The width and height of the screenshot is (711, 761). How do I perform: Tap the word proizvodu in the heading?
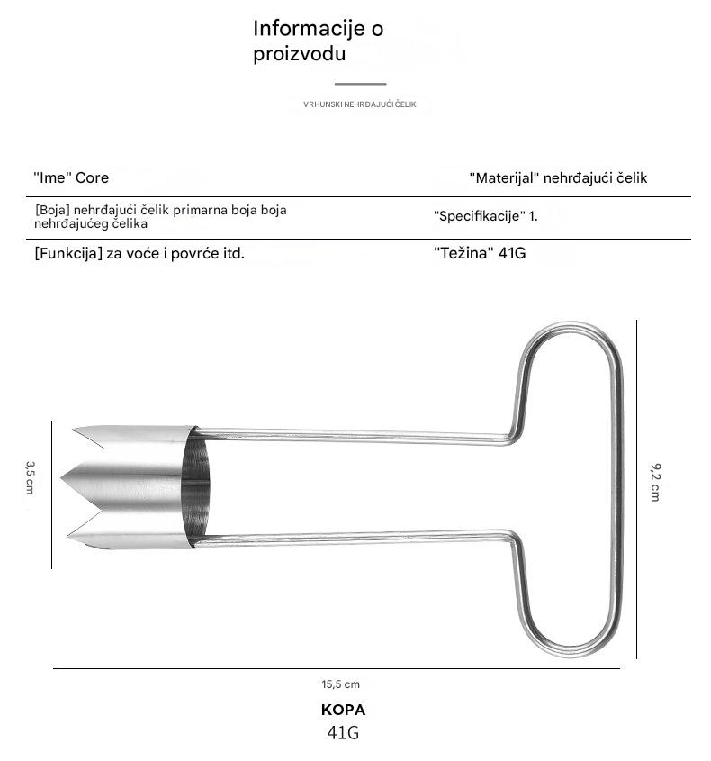300,54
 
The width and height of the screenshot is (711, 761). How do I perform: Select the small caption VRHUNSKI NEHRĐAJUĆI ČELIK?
360,104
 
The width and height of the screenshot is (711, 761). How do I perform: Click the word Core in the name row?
92,177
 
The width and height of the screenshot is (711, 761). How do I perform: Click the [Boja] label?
52,210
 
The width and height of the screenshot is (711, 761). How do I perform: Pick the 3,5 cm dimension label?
30,476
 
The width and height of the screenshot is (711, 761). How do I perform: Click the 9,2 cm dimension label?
655,481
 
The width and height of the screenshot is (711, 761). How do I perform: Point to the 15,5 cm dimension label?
340,684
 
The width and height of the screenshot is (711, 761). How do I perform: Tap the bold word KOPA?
343,710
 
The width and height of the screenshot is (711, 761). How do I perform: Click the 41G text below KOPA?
343,732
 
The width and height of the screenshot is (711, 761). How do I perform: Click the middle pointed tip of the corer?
62,476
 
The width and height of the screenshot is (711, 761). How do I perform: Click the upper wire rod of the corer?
351,436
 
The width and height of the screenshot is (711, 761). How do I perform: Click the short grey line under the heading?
360,84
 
